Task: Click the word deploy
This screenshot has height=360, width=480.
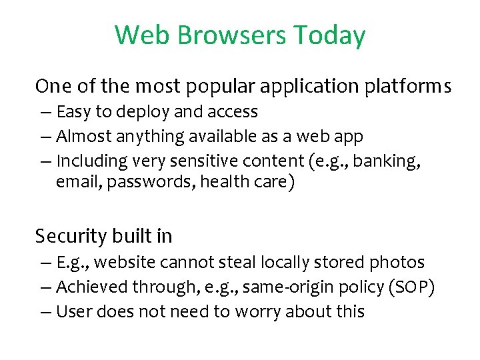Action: [x=144, y=112]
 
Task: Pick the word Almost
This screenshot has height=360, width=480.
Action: [x=83, y=137]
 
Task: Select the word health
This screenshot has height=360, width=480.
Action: [x=225, y=182]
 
